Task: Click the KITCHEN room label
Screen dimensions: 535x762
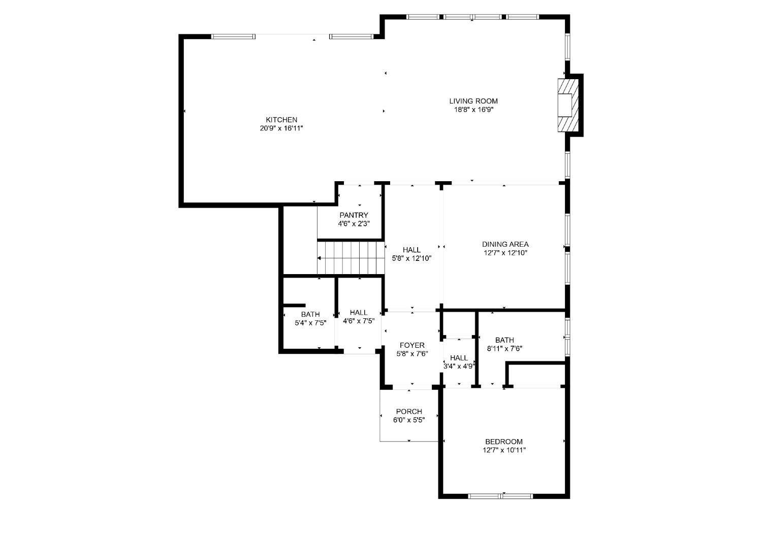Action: [x=281, y=120]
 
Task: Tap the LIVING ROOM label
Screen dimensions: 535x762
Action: [x=473, y=101]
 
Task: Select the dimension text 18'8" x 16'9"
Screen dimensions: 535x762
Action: [x=473, y=109]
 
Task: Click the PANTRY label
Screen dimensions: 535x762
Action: [x=354, y=215]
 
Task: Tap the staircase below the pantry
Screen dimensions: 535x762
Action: [x=351, y=257]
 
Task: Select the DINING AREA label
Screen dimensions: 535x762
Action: [x=505, y=244]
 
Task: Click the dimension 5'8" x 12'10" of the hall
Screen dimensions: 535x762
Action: [x=411, y=258]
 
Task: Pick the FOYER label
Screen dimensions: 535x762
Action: [x=411, y=346]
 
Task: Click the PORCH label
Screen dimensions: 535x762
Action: [x=409, y=412]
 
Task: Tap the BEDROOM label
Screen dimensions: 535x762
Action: [x=503, y=442]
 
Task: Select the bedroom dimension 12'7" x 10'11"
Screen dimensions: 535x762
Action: [x=503, y=450]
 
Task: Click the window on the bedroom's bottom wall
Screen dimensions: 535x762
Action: [x=500, y=495]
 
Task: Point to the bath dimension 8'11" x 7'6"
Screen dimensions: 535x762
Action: [x=504, y=348]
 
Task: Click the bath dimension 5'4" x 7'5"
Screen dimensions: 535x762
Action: [x=310, y=322]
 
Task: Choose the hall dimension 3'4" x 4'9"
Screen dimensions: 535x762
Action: [x=459, y=366]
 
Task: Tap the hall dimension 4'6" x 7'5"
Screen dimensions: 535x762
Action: [x=359, y=321]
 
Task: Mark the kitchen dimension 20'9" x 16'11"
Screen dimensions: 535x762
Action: [x=281, y=128]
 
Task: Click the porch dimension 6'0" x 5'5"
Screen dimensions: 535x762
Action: [x=409, y=420]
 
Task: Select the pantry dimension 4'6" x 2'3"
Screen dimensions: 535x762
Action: [x=354, y=223]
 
